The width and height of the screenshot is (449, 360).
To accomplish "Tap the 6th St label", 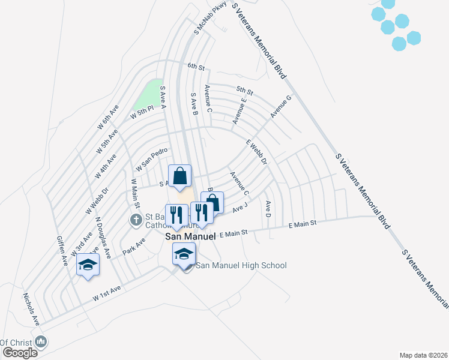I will [196, 66].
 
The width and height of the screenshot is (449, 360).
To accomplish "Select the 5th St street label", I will [244, 91].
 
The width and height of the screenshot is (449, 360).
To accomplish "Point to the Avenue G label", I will [280, 106].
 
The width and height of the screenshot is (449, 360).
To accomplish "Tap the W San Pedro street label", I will [149, 159].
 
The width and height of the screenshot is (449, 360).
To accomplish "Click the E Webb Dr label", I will [256, 152].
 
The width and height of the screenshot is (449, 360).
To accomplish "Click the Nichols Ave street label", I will [31, 309].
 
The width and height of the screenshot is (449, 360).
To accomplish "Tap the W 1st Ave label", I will [107, 292].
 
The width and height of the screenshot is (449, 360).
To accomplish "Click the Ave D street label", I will [268, 208].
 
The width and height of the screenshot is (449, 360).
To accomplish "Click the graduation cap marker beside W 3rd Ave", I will [88, 264].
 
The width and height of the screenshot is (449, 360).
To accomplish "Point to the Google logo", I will [20, 353].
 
